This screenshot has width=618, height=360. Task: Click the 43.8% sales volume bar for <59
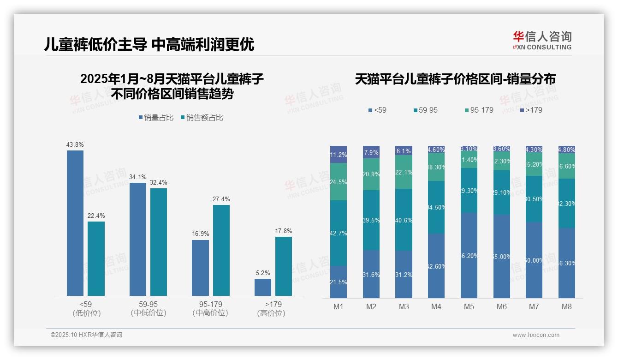75,223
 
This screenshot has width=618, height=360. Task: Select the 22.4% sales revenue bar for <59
96,258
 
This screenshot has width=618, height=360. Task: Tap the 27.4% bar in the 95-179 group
221,250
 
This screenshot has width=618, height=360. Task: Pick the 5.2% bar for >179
263,287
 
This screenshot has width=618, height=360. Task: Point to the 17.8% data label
284,231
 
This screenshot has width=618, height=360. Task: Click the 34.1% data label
138,177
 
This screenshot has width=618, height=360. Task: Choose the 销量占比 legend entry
156,118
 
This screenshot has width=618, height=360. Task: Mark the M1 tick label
338,306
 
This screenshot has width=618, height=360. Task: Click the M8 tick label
567,306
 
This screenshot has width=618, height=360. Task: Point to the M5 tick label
469,306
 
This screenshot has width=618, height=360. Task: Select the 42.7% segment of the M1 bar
338,233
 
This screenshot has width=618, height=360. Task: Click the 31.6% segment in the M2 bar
371,274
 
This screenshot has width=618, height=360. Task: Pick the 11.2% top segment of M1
338,155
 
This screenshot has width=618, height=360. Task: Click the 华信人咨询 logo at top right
542,40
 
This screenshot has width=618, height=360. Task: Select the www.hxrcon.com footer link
536,335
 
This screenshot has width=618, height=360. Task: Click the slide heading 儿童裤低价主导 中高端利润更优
149,44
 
